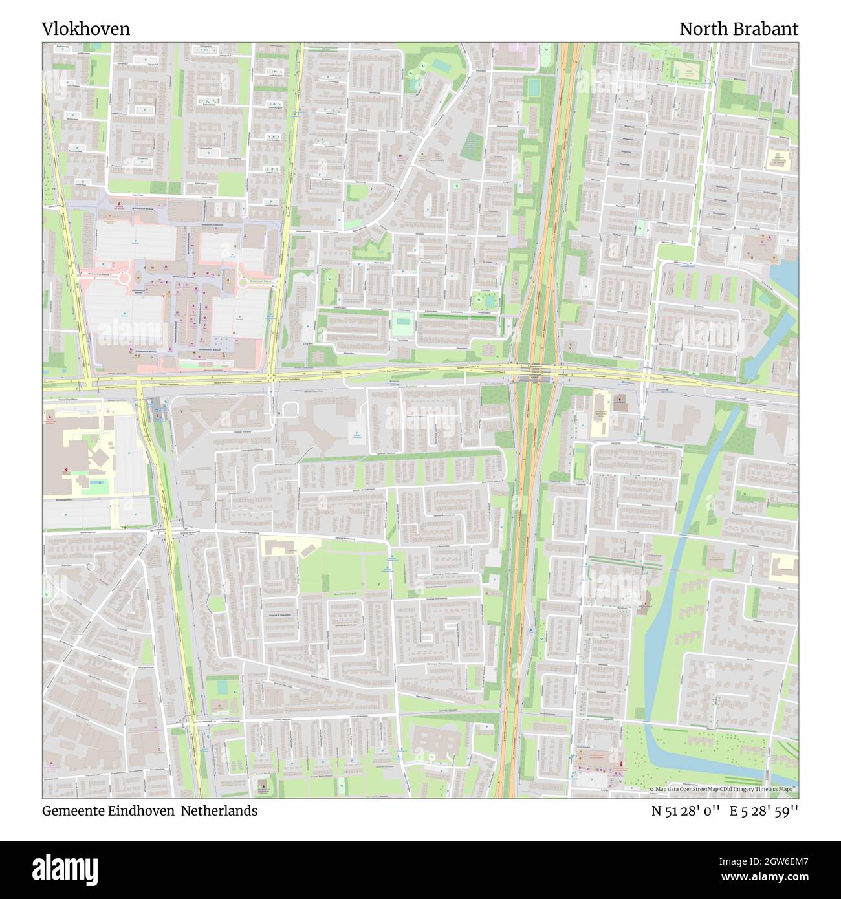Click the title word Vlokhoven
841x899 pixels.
click(x=86, y=29)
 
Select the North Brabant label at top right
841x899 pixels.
click(x=738, y=29)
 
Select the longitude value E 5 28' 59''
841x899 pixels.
click(x=764, y=810)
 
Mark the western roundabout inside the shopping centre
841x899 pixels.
click(x=123, y=279)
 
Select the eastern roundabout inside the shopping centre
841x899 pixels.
click(x=243, y=281)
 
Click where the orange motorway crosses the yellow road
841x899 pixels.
click(x=536, y=374)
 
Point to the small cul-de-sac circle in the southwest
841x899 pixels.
click(x=90, y=566)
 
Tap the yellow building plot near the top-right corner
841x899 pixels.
click(x=778, y=159)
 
